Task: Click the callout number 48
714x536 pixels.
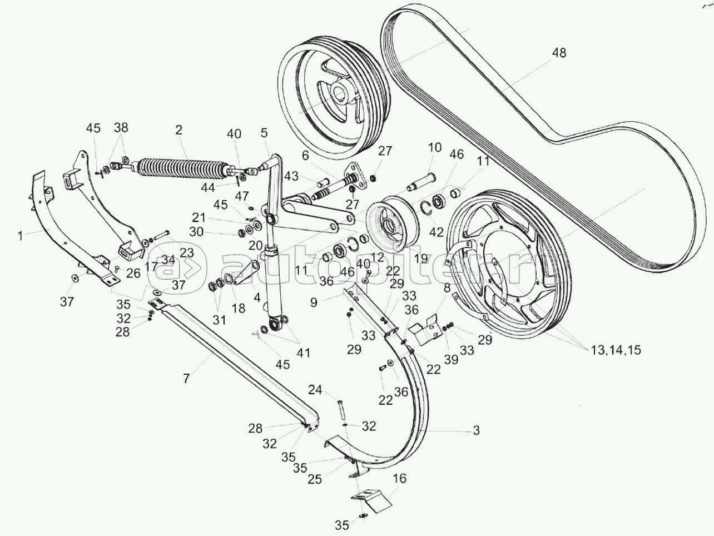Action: (x=559, y=53)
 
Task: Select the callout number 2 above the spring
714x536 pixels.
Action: (x=178, y=131)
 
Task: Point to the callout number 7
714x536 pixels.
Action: (x=186, y=379)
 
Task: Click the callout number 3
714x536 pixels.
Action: (x=476, y=430)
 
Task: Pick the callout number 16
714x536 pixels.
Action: (x=399, y=478)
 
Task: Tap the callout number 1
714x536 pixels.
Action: (x=20, y=236)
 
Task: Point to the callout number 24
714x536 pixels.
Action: (x=315, y=390)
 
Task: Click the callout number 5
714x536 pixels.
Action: (x=264, y=133)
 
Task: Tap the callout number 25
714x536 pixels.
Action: (x=315, y=479)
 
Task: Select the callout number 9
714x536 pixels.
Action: (x=314, y=302)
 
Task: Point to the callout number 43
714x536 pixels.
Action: (x=291, y=176)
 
